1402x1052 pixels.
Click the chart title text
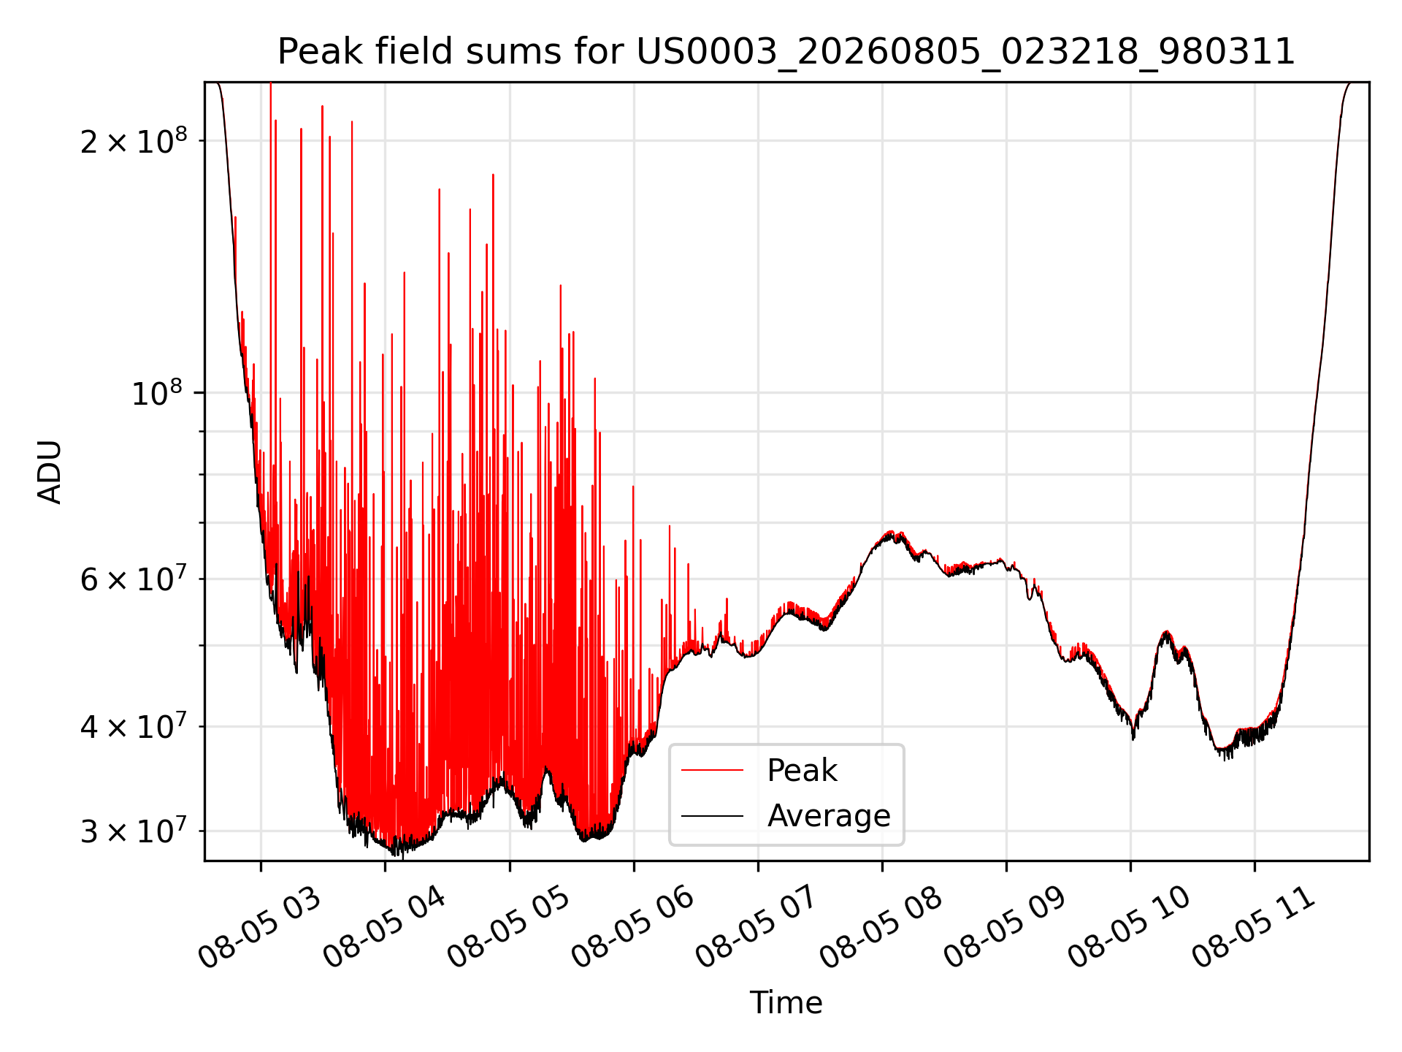click(786, 52)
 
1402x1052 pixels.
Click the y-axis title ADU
click(50, 472)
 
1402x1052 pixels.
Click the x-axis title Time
click(786, 1003)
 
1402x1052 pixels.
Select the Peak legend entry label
click(802, 771)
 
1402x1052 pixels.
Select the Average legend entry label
click(829, 816)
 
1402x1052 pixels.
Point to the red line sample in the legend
click(713, 770)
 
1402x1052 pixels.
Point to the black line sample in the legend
click(713, 815)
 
